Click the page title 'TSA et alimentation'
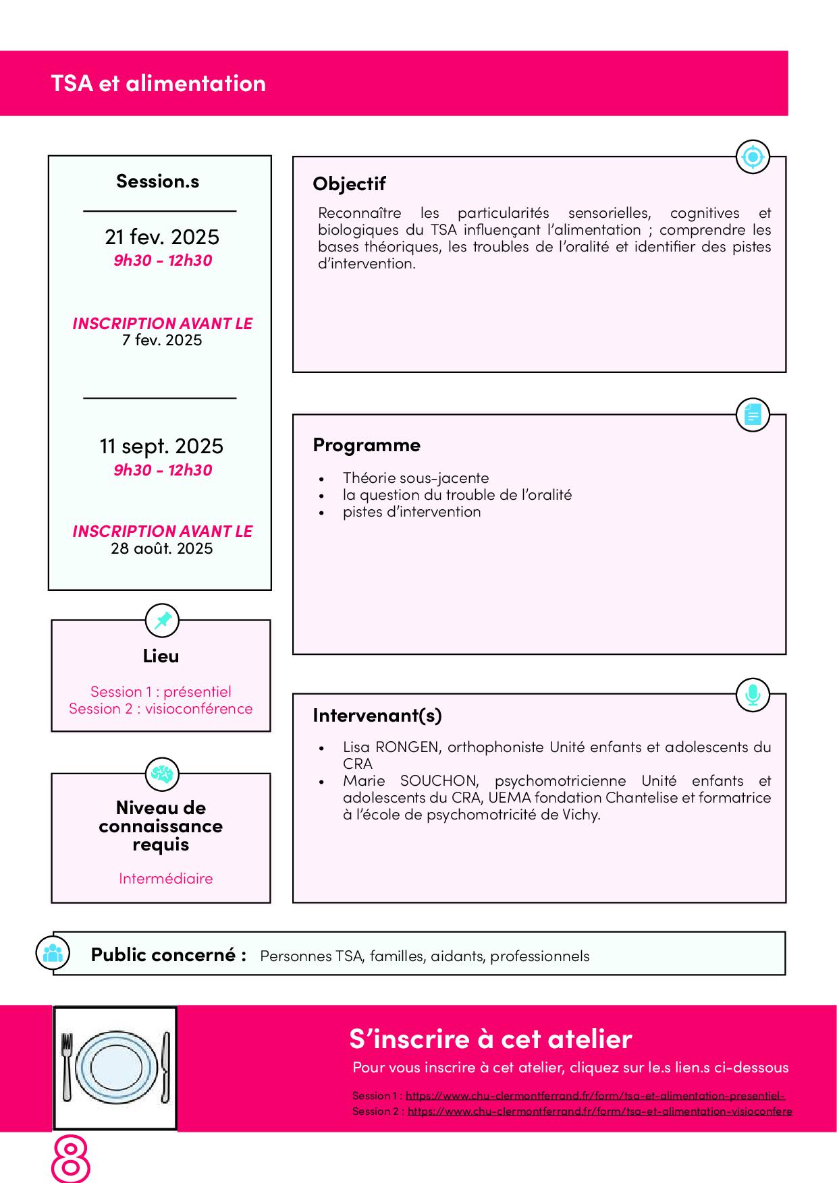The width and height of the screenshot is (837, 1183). pyautogui.click(x=158, y=84)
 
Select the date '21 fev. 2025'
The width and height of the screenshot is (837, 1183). pyautogui.click(x=162, y=237)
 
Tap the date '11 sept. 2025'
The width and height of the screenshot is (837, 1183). pyautogui.click(x=161, y=446)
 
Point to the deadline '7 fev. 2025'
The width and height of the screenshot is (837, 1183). pyautogui.click(x=162, y=340)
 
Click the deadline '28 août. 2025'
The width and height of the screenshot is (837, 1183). pyautogui.click(x=162, y=548)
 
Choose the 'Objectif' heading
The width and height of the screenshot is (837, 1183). pyautogui.click(x=349, y=183)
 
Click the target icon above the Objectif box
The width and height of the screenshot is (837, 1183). pyautogui.click(x=752, y=157)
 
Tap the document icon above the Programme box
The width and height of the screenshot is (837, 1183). pyautogui.click(x=752, y=414)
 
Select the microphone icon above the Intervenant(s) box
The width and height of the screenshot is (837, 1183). pyautogui.click(x=752, y=694)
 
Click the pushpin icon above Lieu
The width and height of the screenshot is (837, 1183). pyautogui.click(x=163, y=621)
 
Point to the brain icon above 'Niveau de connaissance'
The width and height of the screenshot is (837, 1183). pyautogui.click(x=162, y=774)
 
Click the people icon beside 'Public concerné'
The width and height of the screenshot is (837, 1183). pyautogui.click(x=53, y=953)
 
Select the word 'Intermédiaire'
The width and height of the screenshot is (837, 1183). pyautogui.click(x=165, y=878)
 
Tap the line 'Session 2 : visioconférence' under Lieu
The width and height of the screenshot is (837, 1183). pyautogui.click(x=161, y=708)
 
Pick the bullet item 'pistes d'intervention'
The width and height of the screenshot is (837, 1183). pyautogui.click(x=412, y=511)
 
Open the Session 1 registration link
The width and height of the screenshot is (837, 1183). pyautogui.click(x=595, y=1095)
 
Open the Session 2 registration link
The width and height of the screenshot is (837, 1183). pyautogui.click(x=599, y=1111)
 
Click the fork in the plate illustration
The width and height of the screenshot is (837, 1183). pyautogui.click(x=66, y=1066)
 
